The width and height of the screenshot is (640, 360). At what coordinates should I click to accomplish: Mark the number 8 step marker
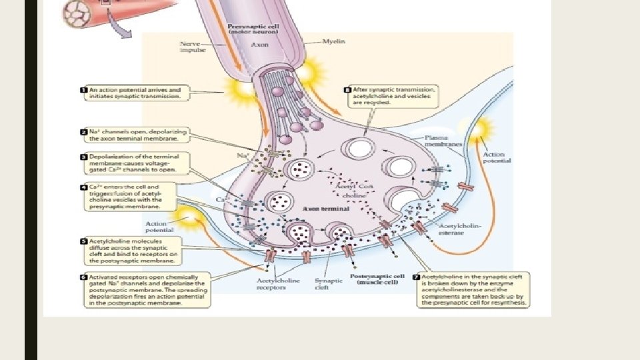(347, 88)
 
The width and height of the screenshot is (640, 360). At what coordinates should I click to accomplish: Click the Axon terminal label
(321, 209)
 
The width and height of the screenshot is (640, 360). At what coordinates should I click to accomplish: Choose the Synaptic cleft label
(327, 284)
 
